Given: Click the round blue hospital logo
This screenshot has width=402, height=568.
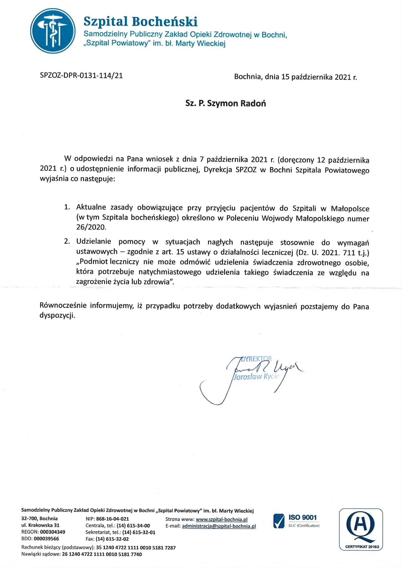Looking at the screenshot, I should click(x=53, y=31).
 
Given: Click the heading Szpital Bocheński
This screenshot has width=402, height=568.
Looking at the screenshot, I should click(x=140, y=22).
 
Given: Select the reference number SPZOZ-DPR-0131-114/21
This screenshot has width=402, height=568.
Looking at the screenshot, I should click(x=81, y=75).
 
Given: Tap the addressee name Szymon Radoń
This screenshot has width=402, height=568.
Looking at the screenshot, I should click(x=236, y=103).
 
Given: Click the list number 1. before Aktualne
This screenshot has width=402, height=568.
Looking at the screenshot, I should click(x=67, y=207).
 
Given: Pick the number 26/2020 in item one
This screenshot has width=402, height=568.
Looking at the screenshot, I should click(x=91, y=227).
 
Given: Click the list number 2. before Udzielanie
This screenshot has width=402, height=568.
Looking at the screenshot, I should click(x=67, y=241).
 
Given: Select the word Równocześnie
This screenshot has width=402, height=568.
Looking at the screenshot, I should click(x=63, y=305).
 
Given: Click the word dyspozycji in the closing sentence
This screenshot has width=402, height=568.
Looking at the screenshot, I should click(x=57, y=315).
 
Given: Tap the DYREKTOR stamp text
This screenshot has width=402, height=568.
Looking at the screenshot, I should click(x=256, y=359).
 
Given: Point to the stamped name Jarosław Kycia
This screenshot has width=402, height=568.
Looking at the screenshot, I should click(x=256, y=377).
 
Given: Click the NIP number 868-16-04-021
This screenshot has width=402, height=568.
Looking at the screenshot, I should click(x=112, y=519).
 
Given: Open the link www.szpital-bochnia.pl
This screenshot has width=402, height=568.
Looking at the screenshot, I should click(x=221, y=519).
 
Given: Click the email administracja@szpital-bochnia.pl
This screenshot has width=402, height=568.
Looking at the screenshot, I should click(x=219, y=526).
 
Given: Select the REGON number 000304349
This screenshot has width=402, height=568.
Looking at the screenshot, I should click(x=52, y=532).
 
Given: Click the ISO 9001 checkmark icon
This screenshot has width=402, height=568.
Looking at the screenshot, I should click(x=279, y=521).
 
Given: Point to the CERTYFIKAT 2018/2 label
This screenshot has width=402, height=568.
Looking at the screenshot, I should click(x=361, y=547).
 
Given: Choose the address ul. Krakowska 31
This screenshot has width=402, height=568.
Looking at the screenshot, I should click(x=40, y=525).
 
